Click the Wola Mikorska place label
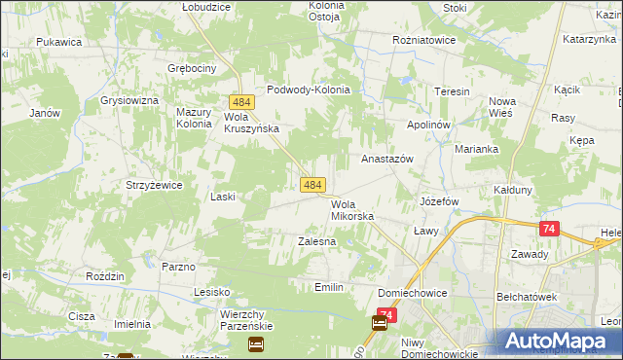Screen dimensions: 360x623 [351, 210]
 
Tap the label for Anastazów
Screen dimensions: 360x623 [388, 158]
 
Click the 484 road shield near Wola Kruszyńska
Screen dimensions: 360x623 [242, 102]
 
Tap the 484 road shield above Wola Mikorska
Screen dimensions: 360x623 [312, 185]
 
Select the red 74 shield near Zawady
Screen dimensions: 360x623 [550, 229]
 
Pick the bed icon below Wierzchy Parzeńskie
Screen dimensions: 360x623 [256, 343]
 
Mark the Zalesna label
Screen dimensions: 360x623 [316, 240]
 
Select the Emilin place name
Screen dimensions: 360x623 [330, 287]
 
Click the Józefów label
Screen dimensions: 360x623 [438, 201]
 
